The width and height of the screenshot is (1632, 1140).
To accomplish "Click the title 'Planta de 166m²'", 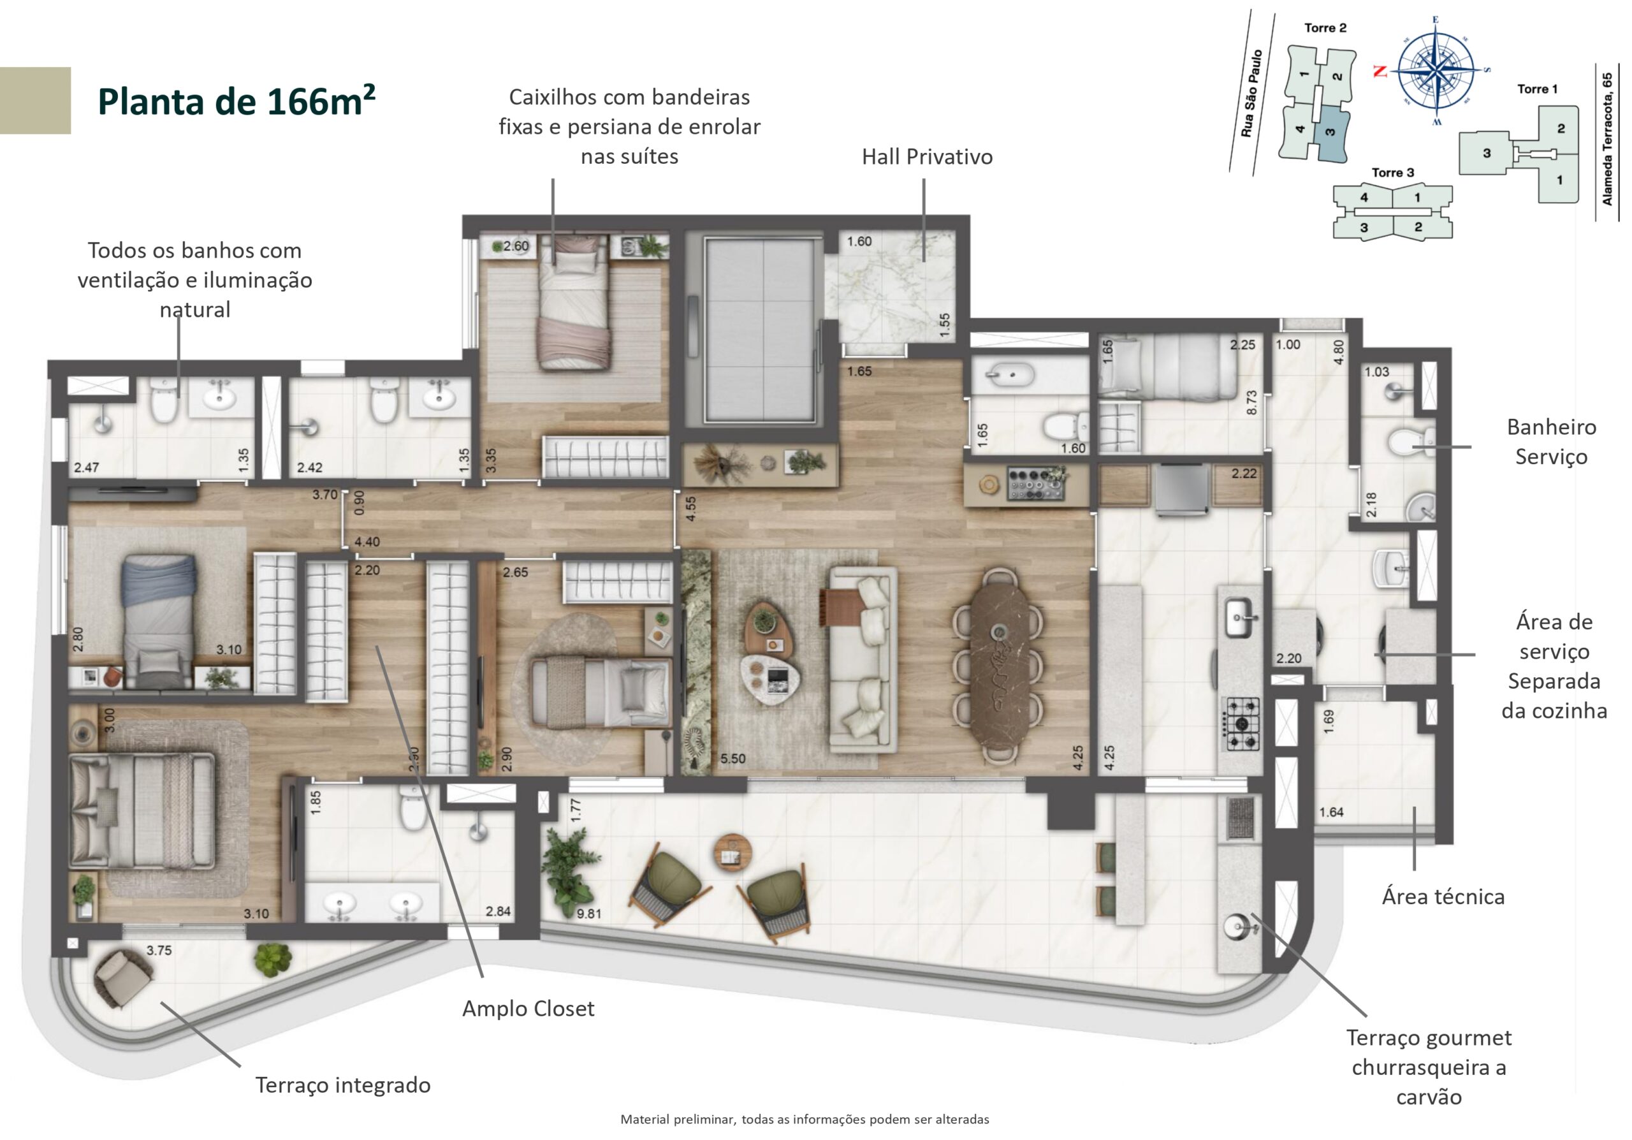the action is point(237,100).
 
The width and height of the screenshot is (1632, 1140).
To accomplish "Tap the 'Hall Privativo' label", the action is point(927,157).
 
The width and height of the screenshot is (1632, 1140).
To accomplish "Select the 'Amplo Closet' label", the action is point(528,1009).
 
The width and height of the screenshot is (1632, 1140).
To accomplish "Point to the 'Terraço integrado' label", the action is point(342,1085).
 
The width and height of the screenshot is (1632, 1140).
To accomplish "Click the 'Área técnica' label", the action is point(1443,897).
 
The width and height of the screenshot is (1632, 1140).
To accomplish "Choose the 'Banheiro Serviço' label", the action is point(1552,441).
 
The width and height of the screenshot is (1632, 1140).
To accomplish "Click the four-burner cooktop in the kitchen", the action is point(1241,724).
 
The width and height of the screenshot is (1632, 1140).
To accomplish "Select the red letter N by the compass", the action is point(1380,71).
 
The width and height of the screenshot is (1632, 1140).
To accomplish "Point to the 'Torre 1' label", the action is point(1538,89).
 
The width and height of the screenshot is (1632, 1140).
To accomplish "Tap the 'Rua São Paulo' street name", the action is point(1249,92).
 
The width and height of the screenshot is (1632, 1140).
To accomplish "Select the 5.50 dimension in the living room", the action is point(733,758).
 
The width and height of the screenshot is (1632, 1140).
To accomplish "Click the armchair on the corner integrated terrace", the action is point(124,979).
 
